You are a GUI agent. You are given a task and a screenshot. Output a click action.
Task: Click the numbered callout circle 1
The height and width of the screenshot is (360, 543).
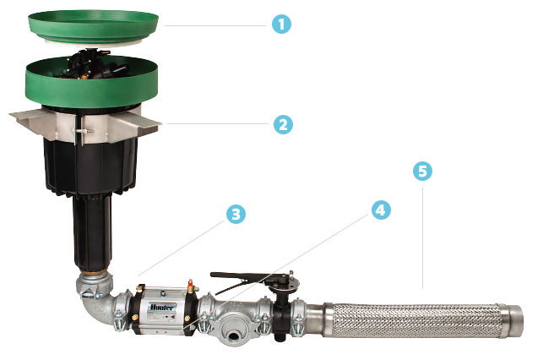click(281, 25)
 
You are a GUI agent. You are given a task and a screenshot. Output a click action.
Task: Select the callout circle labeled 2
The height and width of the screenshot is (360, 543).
click(282, 124)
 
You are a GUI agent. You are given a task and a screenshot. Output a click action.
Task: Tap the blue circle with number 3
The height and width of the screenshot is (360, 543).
click(236, 215)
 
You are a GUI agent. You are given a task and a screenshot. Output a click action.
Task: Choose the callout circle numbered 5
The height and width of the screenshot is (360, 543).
click(422, 172)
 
